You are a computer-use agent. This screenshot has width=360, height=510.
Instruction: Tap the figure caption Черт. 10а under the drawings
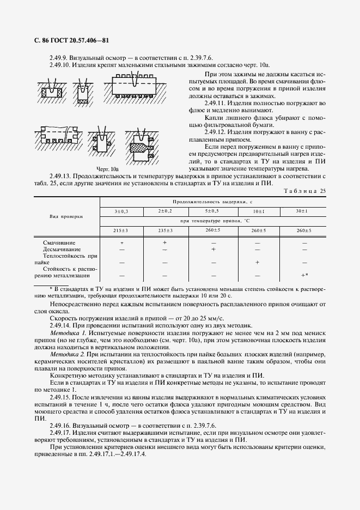pyautogui.click(x=107, y=169)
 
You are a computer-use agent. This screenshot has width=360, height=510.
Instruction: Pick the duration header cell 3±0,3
pyautogui.click(x=121, y=211)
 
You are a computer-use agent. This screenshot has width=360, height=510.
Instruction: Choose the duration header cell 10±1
pyautogui.click(x=259, y=211)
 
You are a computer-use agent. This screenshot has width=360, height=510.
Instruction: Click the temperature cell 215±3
pyautogui.click(x=121, y=230)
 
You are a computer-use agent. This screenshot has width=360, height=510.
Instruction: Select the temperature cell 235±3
pyautogui.click(x=165, y=230)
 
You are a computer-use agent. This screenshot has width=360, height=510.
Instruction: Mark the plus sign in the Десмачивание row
pyautogui.click(x=213, y=248)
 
